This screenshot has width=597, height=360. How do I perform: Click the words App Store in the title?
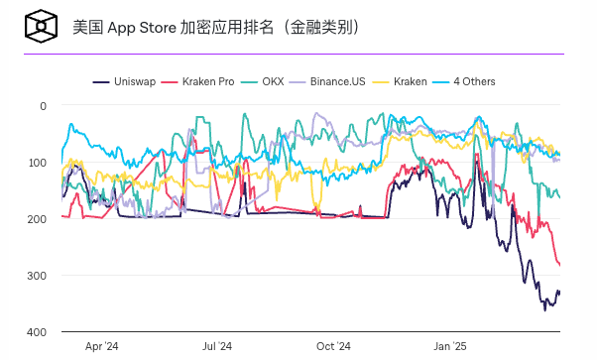pyautogui.click(x=141, y=27)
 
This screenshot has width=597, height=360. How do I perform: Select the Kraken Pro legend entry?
pyautogui.click(x=204, y=81)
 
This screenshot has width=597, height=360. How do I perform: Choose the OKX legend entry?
pyautogui.click(x=273, y=81)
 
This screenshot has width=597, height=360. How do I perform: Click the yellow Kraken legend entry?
pyautogui.click(x=409, y=81)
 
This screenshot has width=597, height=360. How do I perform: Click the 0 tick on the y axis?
pyautogui.click(x=43, y=105)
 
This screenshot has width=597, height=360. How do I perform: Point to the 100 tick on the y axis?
pyautogui.click(x=37, y=162)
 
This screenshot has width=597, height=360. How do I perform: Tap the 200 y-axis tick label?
pyautogui.click(x=37, y=218)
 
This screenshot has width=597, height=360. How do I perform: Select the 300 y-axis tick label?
pyautogui.click(x=37, y=275)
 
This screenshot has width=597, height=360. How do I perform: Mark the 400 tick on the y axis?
pyautogui.click(x=37, y=331)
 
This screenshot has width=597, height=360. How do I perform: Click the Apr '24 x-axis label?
pyautogui.click(x=101, y=347)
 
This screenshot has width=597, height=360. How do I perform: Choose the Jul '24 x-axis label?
pyautogui.click(x=217, y=347)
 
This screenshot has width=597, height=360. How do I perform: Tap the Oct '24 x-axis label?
pyautogui.click(x=333, y=347)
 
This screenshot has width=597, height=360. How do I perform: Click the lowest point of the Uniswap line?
pyautogui.click(x=543, y=310)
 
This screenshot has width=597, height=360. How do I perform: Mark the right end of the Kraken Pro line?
pyautogui.click(x=559, y=265)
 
